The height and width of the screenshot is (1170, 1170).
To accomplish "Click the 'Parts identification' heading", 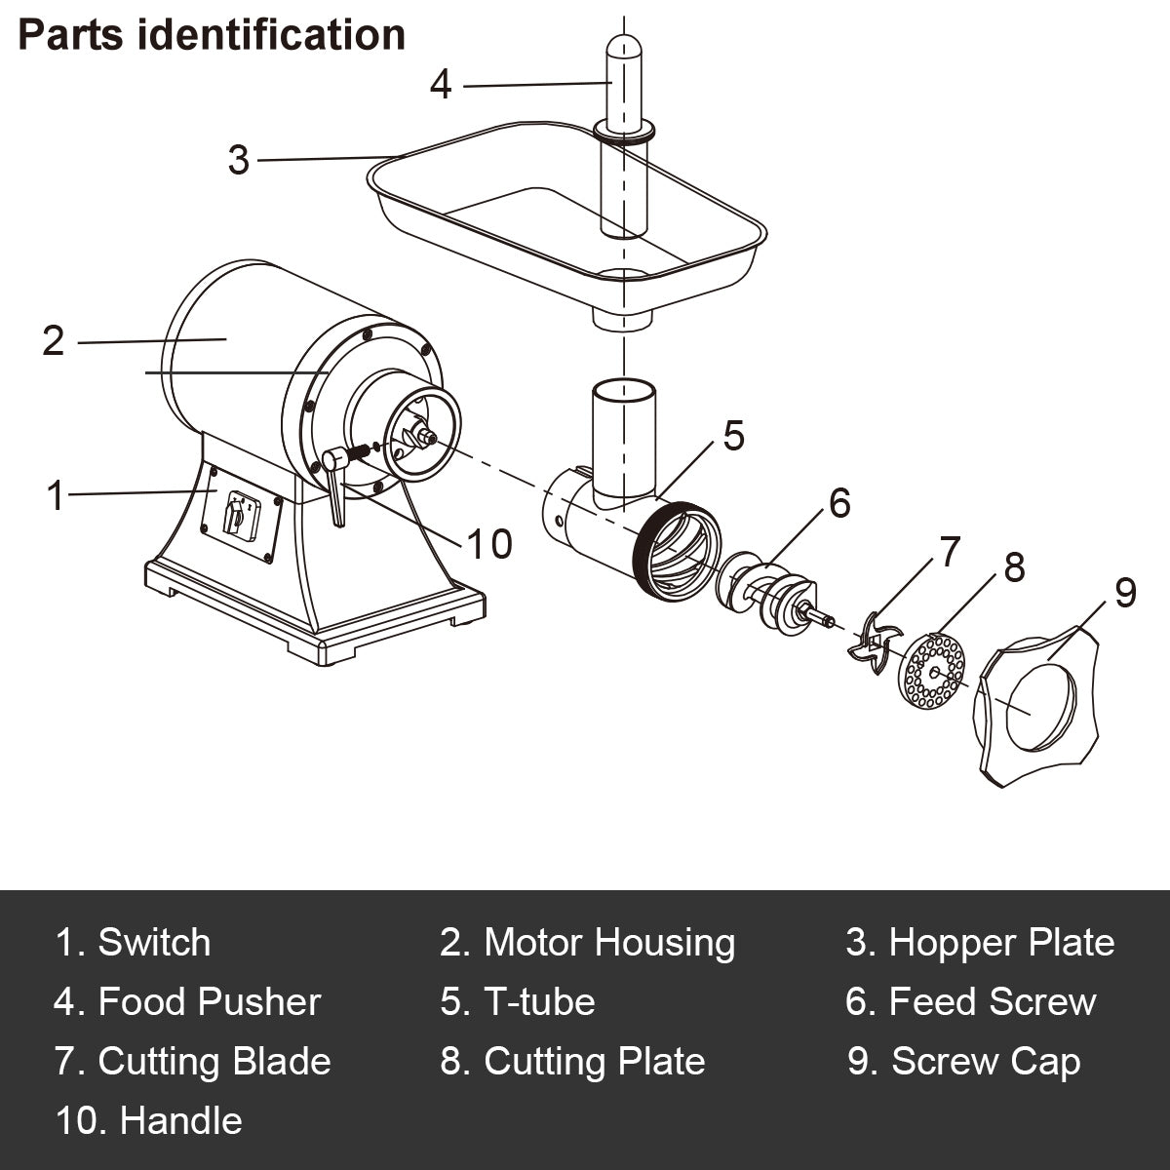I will coord(212,35).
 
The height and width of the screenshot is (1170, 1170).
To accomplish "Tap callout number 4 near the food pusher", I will coord(441,85).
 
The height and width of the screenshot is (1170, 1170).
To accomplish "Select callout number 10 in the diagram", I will coord(489,544).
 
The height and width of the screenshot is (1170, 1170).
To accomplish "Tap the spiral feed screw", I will coord(769,594).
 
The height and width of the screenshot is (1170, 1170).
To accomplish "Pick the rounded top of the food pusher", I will coord(620,49).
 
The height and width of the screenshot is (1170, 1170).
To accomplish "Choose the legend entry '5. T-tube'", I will coord(518,1002).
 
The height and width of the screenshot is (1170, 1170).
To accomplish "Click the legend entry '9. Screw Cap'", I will coord(963,1062).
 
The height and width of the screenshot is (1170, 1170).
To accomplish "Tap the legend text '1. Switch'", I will coord(134,943).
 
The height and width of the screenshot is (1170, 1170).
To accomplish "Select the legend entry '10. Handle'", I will coord(149,1121).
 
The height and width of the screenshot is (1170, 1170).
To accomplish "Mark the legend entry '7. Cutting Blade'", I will coord(193,1062).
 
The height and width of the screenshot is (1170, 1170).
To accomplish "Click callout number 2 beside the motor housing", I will coord(54,340).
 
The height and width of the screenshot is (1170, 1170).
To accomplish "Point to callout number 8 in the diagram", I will coord(1014,566).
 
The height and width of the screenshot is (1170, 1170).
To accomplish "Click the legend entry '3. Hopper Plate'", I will coord(980,943).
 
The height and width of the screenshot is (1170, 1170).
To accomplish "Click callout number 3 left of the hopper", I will coord(239,160).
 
